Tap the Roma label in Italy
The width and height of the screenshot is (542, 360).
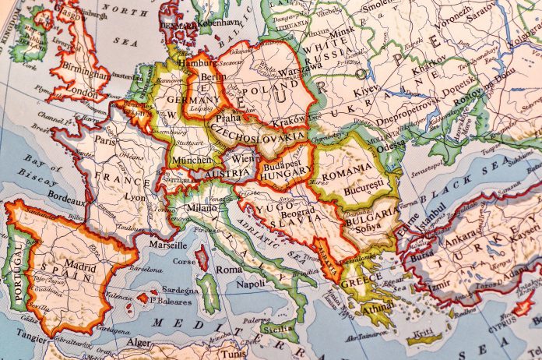[x=228, y=269]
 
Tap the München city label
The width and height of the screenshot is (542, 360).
[x=190, y=160]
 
